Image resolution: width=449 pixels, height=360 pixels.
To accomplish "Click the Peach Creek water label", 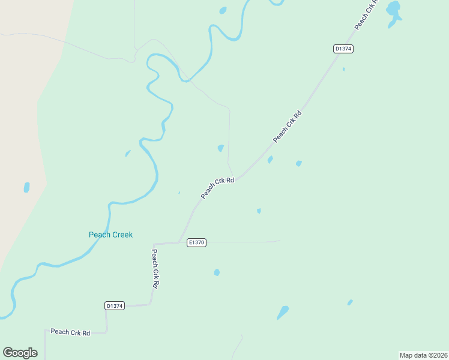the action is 110,235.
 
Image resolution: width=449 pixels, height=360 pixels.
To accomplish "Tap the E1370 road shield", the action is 196,242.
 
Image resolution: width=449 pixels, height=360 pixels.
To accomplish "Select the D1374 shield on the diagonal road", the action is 343,49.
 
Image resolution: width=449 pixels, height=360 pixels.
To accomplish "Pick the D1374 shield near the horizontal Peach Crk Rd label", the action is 114,305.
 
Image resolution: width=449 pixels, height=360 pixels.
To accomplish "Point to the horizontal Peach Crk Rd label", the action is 70,332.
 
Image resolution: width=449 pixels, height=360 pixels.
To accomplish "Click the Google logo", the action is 20,353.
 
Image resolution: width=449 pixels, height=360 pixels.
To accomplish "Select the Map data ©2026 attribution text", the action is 423,355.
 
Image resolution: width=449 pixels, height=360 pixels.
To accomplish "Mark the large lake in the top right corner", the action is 393,11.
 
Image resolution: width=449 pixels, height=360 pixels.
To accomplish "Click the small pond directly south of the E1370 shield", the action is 217,272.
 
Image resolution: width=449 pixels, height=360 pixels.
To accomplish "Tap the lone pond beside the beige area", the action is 26,187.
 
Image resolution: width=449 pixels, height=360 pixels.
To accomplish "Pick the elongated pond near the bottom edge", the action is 282,313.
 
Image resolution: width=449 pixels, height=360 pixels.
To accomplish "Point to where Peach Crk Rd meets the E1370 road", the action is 180,242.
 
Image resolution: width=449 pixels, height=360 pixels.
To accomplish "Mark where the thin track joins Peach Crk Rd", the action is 235,179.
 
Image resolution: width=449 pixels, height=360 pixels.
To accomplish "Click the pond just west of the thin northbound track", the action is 221,148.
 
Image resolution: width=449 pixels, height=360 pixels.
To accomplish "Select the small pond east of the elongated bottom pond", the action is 350,302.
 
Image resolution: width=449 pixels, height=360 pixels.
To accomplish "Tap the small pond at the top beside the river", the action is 223,10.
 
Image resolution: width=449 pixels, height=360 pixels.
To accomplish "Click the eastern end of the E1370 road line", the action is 280,241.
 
